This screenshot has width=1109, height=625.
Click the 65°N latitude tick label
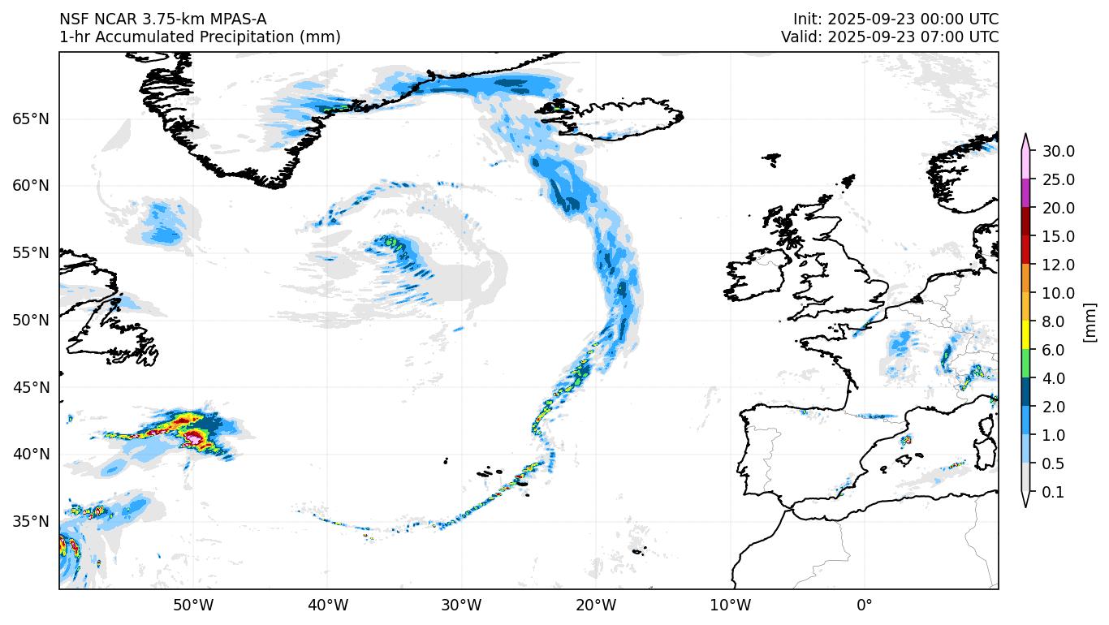31,119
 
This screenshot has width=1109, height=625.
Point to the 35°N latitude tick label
31,521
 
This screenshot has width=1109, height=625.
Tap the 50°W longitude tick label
193,606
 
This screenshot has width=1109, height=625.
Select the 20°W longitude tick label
596,606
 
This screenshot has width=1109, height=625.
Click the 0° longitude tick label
864,606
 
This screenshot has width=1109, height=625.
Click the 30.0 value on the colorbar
1058,151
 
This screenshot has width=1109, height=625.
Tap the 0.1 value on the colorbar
1052,492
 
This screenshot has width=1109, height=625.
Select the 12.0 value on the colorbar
1058,265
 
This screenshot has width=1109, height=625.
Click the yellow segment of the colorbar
1026,335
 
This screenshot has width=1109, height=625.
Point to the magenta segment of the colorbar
1026,193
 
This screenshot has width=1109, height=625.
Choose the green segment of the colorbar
1026,364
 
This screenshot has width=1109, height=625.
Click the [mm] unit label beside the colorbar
1090,321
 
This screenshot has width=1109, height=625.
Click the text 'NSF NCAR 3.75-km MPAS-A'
162,19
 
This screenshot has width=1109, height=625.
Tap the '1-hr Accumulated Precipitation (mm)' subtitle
200,37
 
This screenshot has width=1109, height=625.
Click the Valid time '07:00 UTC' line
890,37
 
